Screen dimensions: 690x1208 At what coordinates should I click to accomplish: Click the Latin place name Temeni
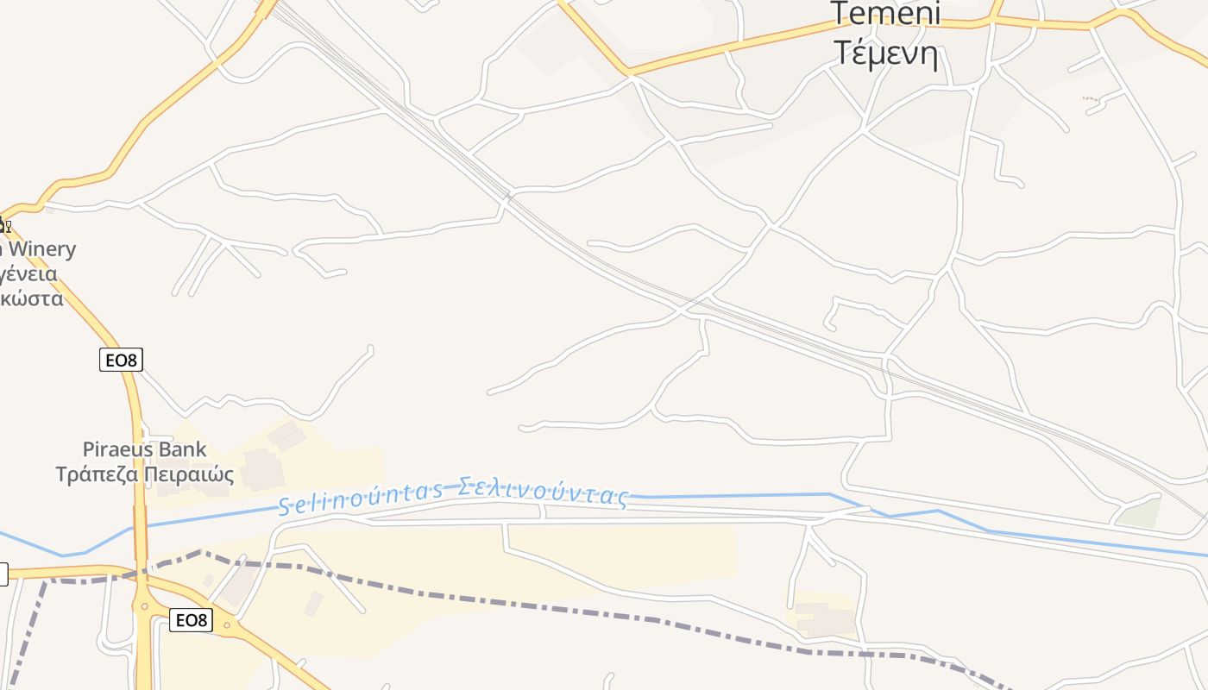pyautogui.click(x=885, y=14)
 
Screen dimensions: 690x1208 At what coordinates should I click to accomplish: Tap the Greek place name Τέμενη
pyautogui.click(x=885, y=53)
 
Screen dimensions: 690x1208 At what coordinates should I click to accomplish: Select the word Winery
pyautogui.click(x=41, y=249)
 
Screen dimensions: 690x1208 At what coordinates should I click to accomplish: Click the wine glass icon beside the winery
pyautogui.click(x=6, y=227)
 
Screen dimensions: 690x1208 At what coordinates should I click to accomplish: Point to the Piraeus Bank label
pyautogui.click(x=144, y=449)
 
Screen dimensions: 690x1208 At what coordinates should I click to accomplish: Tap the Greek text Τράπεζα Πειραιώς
pyautogui.click(x=145, y=474)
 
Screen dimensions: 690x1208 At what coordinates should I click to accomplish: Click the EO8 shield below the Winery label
pyautogui.click(x=121, y=360)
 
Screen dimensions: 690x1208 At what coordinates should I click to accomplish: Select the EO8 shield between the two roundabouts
pyautogui.click(x=191, y=619)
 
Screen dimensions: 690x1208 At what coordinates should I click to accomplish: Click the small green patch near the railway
pyautogui.click(x=1139, y=512)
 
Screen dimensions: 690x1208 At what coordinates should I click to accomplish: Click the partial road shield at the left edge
pyautogui.click(x=3, y=574)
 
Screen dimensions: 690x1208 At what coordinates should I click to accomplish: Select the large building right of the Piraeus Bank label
pyautogui.click(x=263, y=469)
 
